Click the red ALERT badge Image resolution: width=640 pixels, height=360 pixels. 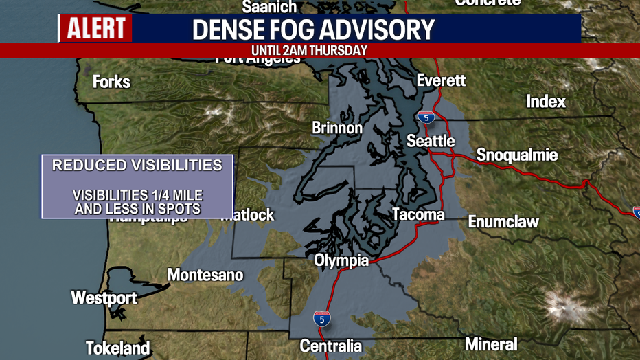pos(95,29)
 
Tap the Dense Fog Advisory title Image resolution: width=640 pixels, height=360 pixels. pos(313,30)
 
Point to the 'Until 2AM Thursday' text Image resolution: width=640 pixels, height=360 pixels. pos(309,50)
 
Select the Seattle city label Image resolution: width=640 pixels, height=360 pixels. pos(431,141)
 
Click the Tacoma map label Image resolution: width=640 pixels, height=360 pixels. pos(418,215)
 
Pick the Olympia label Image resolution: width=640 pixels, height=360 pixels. pos(341,261)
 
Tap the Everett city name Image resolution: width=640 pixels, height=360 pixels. pos(441,80)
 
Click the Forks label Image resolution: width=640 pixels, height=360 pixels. pos(111,82)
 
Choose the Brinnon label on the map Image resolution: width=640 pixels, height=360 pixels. pos(336,128)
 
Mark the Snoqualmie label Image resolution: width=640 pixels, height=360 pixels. pos(516,155)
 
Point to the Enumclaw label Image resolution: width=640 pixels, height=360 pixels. pos(503,221)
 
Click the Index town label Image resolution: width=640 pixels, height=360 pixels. pos(546,102)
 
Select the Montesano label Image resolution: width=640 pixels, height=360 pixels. pos(205,275)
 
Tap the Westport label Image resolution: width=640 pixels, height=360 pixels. pos(104,298)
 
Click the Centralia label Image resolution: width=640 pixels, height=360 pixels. pos(330,346)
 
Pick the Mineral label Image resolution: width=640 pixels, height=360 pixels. pos(491,344)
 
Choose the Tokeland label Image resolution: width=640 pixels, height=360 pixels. pos(117,348)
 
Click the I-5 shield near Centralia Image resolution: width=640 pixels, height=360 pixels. pos(321,319)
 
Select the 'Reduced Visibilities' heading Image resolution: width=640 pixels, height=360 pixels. pos(137,166)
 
